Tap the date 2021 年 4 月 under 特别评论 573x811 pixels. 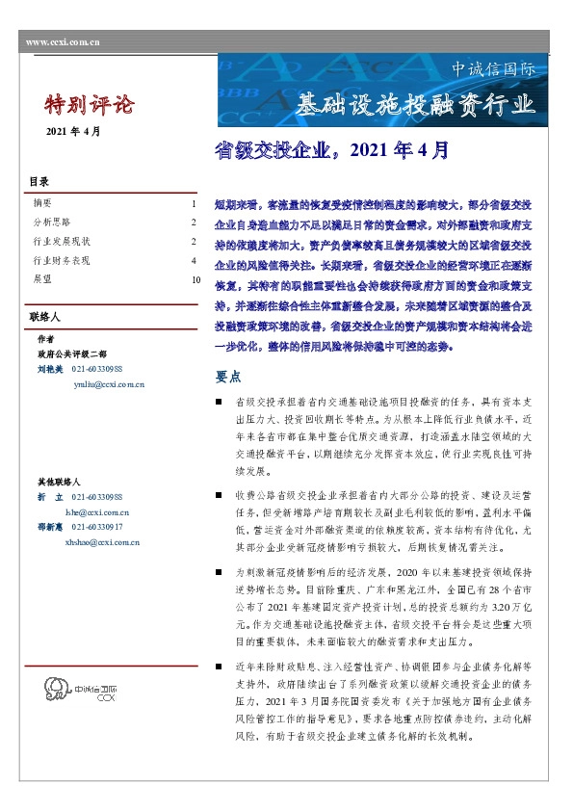pos(73,131)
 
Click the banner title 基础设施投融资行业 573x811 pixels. pos(415,103)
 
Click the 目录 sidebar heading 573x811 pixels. pos(39,182)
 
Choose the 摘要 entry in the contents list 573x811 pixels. pos(42,204)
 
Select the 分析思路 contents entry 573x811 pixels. pos(50,222)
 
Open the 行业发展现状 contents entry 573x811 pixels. pos(61,241)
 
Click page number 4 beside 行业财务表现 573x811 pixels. pos(194,260)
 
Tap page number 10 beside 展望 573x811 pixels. pos(195,279)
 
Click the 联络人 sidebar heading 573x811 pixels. pos(45,316)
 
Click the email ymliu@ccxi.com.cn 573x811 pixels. pos(109,384)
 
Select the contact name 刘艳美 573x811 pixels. pos(49,369)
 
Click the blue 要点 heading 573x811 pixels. pos(227,376)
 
